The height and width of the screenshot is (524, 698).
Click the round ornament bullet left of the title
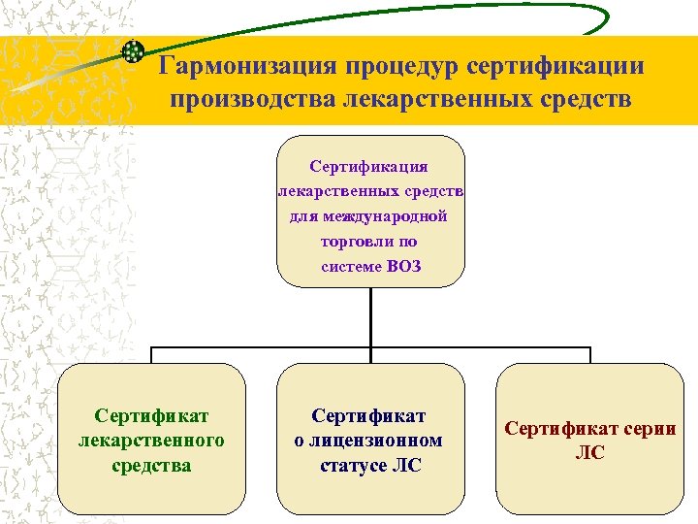134,52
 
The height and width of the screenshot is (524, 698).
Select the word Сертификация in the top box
369,167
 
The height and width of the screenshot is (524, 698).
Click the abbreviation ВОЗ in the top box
403,267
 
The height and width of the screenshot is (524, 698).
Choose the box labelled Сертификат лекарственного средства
150,439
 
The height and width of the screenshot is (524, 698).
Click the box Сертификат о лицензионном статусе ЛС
370,439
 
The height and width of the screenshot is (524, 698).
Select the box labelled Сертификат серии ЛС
589,439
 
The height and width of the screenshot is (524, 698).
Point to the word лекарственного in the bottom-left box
150,441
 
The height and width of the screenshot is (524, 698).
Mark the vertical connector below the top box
370,316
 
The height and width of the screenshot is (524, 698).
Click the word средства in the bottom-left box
150,465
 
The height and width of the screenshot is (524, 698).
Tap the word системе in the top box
352,267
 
